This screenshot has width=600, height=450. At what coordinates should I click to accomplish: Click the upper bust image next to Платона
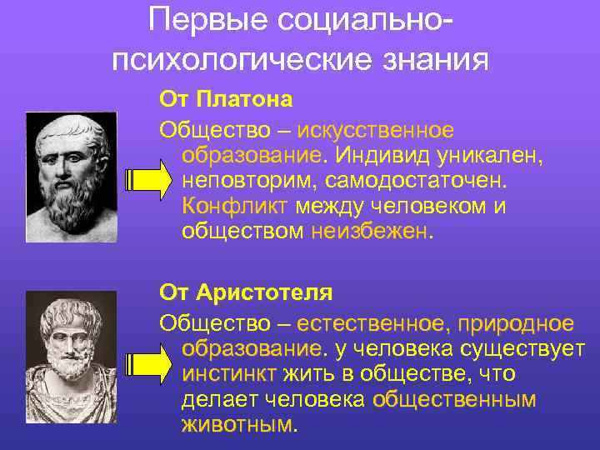pyautogui.click(x=70, y=177)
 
